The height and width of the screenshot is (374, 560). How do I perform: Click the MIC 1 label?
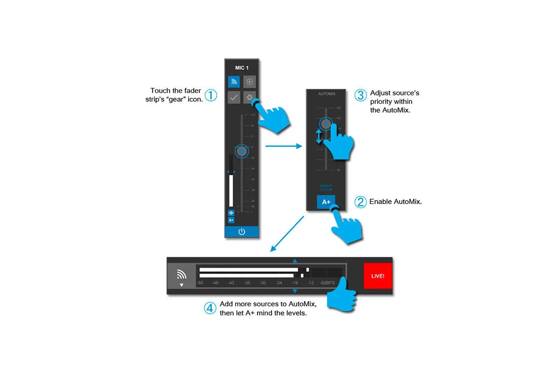point(241,68)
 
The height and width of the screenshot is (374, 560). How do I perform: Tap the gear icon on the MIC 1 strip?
point(250,98)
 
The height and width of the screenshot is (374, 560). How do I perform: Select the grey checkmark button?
point(234,98)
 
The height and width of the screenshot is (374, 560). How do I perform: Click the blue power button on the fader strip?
point(241,232)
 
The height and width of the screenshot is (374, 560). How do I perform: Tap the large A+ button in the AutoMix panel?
point(326,202)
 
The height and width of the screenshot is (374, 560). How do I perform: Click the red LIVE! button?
point(378,276)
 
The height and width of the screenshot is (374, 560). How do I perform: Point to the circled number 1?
point(211,95)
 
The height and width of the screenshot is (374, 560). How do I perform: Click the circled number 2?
point(360,202)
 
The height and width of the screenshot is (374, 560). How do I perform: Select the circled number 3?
point(360,95)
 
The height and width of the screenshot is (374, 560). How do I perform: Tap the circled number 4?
point(210,309)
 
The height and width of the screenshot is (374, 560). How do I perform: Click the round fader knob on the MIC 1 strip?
point(241,151)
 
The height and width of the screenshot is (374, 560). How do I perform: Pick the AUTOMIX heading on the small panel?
point(326,94)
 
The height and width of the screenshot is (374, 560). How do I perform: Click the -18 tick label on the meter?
point(294,283)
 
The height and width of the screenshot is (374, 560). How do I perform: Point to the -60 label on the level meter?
point(200,283)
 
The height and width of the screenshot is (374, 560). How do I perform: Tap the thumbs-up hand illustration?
point(341,295)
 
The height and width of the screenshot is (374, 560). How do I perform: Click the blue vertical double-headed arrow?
point(319,136)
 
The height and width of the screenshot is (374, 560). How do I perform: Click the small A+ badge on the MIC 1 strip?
point(231,220)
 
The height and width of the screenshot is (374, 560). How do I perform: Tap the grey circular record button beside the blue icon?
point(250,82)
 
